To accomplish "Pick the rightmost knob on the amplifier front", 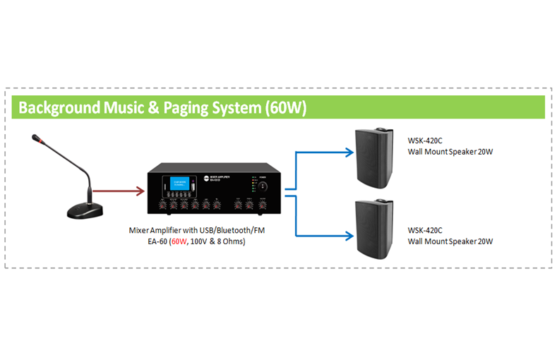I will click(x=263, y=205).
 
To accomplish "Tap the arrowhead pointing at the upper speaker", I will click(x=349, y=150).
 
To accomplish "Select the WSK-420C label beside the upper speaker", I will click(x=426, y=140).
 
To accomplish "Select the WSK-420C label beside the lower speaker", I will click(x=426, y=230).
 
